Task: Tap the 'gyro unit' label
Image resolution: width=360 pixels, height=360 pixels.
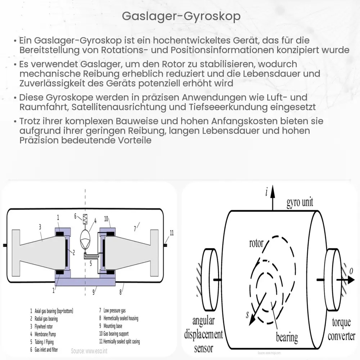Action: pos(300,202)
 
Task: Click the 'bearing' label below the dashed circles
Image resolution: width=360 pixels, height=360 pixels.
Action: pos(287,337)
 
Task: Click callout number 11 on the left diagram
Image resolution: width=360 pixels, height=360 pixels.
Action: pos(171,233)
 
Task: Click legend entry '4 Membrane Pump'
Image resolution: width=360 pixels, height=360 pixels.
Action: pos(43,334)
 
